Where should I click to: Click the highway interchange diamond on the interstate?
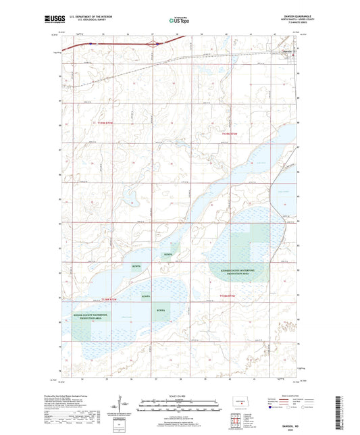click(x=157, y=45)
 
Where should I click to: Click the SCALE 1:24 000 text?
click(x=180, y=396)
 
